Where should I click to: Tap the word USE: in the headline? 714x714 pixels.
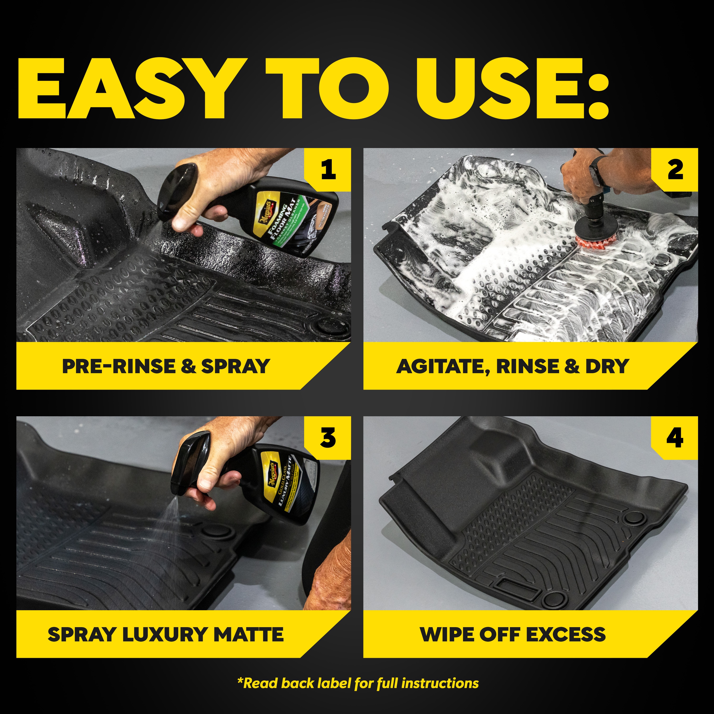pos(512,89)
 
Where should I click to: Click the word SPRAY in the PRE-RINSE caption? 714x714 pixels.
pos(235,366)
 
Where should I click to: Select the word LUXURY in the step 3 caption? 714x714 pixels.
pos(166,635)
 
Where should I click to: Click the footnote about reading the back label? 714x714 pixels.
pos(358,683)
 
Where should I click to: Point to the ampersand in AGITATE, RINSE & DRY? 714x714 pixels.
pos(572,366)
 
